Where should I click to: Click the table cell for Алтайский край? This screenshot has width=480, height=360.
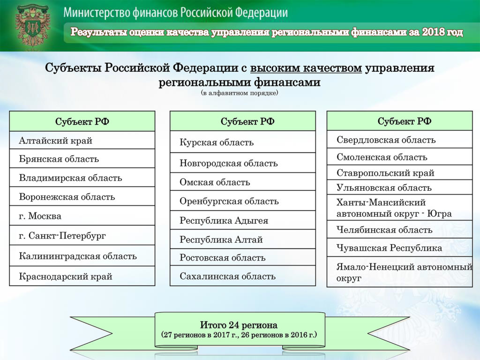click(82, 140)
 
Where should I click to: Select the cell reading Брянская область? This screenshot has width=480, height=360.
click(82, 158)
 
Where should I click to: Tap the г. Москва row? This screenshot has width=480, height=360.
click(82, 216)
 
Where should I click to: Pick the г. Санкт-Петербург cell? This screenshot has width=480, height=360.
click(82, 235)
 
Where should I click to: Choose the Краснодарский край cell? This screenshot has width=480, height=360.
click(82, 276)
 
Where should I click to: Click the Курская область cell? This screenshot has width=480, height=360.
click(243, 142)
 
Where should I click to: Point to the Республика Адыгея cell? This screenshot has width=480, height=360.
click(243, 220)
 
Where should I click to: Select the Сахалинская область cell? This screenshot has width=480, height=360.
click(243, 276)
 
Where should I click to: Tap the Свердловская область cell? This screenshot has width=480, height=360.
click(400, 140)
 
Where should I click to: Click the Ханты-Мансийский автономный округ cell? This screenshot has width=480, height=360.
click(400, 208)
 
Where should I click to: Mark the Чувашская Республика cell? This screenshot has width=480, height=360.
click(400, 247)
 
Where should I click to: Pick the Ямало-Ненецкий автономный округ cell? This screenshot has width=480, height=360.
click(400, 272)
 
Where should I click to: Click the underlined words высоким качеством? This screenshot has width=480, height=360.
click(306, 67)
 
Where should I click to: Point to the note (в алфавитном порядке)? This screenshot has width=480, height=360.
click(240, 93)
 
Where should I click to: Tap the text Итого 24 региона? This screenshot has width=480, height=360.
click(239, 325)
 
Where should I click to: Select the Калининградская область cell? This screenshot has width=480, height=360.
click(82, 255)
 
